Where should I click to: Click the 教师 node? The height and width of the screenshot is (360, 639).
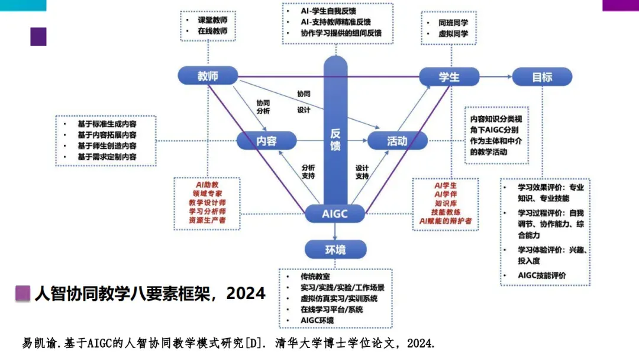(x=208, y=76)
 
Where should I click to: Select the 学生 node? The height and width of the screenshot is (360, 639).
(x=449, y=77)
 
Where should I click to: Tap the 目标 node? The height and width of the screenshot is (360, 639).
(x=542, y=77)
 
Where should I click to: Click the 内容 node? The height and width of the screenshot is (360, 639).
(x=266, y=141)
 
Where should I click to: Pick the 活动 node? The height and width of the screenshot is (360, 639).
(x=397, y=141)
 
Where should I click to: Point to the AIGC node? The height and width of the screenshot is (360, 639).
(x=335, y=213)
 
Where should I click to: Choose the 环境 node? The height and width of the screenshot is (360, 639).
(x=335, y=250)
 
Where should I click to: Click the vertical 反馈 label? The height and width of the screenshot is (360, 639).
(x=335, y=140)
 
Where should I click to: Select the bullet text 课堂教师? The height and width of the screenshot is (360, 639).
(x=212, y=20)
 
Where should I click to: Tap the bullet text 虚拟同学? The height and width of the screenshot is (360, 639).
(x=453, y=34)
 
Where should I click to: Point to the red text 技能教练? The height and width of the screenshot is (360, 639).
(x=446, y=212)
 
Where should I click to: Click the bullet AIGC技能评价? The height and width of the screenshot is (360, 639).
(x=542, y=275)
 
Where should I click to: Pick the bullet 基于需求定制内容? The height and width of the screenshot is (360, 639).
(x=106, y=157)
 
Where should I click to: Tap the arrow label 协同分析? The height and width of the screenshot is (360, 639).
(x=263, y=107)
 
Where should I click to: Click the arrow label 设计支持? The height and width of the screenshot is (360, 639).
(x=362, y=172)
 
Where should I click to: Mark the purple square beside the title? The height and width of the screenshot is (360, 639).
(x=23, y=294)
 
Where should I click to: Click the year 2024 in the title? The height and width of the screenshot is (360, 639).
(x=246, y=293)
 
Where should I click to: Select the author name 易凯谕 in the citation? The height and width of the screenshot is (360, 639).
(x=37, y=343)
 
